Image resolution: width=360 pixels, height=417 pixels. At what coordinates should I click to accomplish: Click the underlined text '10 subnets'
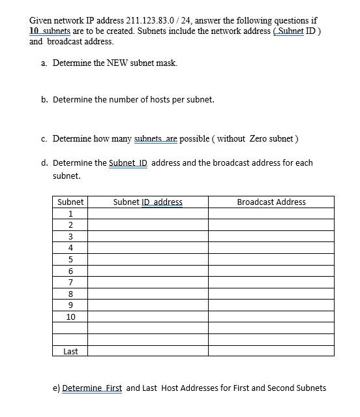coord(50,31)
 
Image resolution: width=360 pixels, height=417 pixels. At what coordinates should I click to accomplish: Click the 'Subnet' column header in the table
coord(70,202)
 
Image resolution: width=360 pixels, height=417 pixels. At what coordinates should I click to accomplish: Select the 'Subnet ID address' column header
coord(147,202)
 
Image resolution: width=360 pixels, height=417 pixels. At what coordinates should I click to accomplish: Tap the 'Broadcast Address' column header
coord(271,202)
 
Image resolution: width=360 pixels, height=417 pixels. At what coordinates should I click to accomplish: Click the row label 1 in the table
coord(70,213)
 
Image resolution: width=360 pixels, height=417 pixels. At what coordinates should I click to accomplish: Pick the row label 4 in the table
coord(70,247)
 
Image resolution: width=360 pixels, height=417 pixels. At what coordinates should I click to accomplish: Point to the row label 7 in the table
coord(70,282)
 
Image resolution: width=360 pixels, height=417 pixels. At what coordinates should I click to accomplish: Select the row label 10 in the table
coord(70,317)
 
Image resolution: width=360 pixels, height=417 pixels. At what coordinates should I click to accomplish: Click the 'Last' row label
coord(70,351)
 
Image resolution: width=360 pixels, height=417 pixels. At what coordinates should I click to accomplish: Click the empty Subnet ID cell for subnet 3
coord(147,236)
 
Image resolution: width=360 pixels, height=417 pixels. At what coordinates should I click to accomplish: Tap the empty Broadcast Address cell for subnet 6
coord(271,271)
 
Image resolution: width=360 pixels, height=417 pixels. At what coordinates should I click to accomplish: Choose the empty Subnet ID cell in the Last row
coord(147,351)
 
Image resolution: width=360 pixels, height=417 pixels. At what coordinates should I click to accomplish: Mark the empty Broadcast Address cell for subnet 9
coord(271,305)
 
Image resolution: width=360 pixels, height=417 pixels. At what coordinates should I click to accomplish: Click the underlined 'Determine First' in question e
coord(92,388)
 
